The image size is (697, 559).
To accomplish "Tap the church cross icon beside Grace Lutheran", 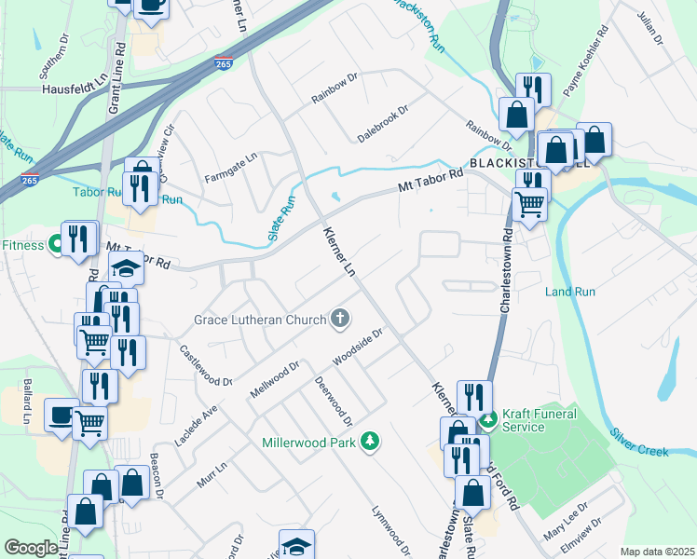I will pos(341,320).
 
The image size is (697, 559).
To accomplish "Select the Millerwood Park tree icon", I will pos(371,441).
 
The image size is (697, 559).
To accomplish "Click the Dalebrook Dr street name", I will pos(383,124).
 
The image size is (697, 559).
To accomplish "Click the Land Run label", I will pos(570,292).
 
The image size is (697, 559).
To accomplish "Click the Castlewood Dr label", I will pos(206,366).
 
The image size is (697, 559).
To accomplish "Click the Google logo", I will pos(31,549).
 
